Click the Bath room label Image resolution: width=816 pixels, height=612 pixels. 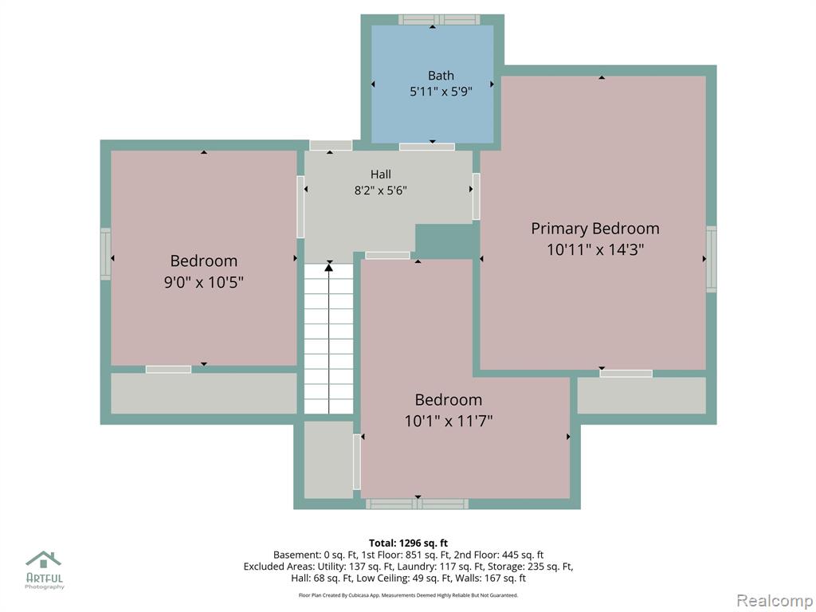pyautogui.click(x=441, y=76)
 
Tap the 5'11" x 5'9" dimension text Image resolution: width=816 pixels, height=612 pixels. pyautogui.click(x=441, y=92)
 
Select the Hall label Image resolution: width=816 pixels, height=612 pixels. pyautogui.click(x=381, y=175)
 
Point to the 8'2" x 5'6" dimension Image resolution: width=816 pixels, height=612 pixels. pyautogui.click(x=381, y=190)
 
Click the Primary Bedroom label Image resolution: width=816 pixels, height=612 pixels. pyautogui.click(x=595, y=229)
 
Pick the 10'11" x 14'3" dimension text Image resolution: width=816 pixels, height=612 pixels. pyautogui.click(x=595, y=249)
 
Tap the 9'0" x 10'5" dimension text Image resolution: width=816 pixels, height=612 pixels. pyautogui.click(x=204, y=282)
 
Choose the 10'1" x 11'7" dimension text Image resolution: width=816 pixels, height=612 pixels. pyautogui.click(x=449, y=421)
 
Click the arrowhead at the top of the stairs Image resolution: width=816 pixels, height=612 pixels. pyautogui.click(x=329, y=268)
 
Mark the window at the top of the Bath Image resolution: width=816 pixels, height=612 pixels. pyautogui.click(x=439, y=20)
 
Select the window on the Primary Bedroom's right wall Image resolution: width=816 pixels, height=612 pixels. pyautogui.click(x=711, y=259)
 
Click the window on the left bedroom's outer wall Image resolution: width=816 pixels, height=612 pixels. pyautogui.click(x=106, y=254)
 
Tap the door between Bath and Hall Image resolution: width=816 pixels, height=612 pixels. pyautogui.click(x=427, y=147)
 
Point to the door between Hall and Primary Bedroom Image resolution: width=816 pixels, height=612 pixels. pyautogui.click(x=477, y=196)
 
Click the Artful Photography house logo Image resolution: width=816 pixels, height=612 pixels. pyautogui.click(x=44, y=559)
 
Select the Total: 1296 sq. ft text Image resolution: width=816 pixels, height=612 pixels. pyautogui.click(x=409, y=543)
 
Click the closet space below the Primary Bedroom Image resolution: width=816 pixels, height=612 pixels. pyautogui.click(x=641, y=395)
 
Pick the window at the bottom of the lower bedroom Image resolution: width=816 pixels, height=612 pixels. pyautogui.click(x=417, y=504)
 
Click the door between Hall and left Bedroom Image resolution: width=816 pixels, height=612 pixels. pyautogui.click(x=300, y=207)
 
